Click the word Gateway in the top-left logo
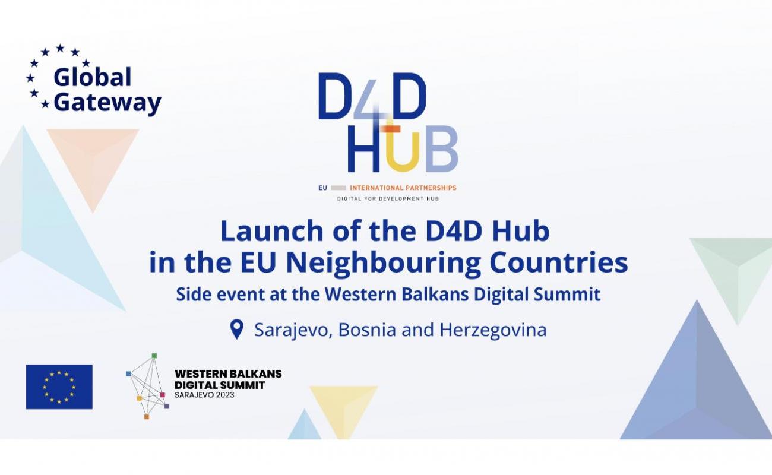click(x=107, y=103)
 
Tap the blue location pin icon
click(x=237, y=330)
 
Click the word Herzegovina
click(x=493, y=330)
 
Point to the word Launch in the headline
click(x=272, y=231)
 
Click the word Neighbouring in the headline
click(x=383, y=264)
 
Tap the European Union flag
click(x=59, y=387)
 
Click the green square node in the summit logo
click(x=154, y=356)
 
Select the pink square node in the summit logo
click(x=162, y=395)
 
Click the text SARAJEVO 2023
click(x=204, y=395)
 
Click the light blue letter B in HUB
click(x=441, y=149)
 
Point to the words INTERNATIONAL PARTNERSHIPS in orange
click(x=403, y=188)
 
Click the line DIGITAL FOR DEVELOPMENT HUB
click(x=388, y=198)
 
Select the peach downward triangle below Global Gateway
click(x=93, y=162)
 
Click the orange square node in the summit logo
click(x=147, y=417)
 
